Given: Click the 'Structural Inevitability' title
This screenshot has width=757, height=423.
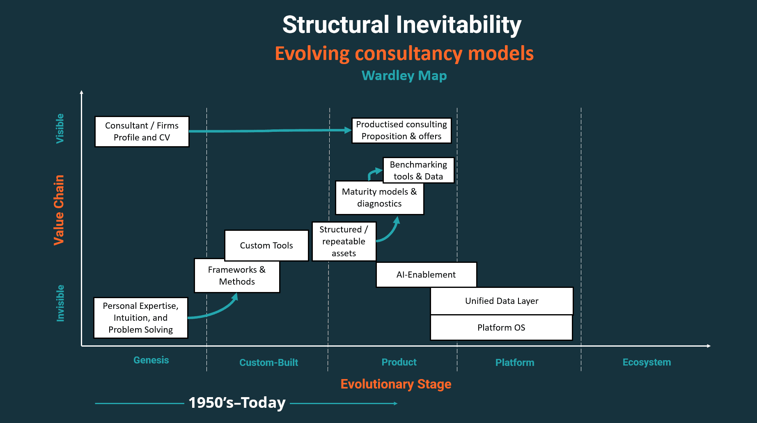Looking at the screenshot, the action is click(x=401, y=25).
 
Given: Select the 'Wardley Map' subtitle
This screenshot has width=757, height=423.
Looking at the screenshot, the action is click(x=404, y=76).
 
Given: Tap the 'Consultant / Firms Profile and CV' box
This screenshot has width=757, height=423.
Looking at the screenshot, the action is click(x=142, y=131).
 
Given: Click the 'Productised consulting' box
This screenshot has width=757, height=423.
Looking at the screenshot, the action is click(x=401, y=130).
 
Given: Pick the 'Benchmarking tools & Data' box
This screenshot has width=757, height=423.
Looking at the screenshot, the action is click(x=418, y=170).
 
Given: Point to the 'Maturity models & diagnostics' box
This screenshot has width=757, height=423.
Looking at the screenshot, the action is click(x=379, y=198).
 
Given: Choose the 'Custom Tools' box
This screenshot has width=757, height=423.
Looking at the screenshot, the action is click(x=266, y=245).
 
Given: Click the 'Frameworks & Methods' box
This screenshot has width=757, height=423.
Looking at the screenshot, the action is click(x=237, y=276).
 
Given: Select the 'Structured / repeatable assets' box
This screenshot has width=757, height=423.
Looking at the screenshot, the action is click(x=344, y=241).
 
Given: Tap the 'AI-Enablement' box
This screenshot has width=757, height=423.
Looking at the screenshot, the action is click(x=426, y=275).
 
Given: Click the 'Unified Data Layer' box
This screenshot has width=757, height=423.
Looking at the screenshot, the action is click(x=501, y=301).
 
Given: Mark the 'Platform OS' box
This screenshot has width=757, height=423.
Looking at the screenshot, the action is click(x=501, y=328).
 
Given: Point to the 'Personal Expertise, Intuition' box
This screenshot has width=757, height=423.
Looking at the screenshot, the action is click(x=140, y=318).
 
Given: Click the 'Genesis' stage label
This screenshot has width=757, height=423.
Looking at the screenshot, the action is click(x=151, y=360).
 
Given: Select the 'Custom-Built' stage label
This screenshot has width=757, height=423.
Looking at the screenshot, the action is click(x=268, y=363).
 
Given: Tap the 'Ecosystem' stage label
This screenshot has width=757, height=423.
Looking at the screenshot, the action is click(x=647, y=362).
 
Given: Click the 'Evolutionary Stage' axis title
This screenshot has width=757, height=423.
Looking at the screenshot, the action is click(x=396, y=384).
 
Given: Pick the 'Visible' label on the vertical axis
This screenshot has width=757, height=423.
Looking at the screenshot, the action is click(x=60, y=129).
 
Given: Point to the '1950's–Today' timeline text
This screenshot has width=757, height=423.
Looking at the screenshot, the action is click(x=237, y=403).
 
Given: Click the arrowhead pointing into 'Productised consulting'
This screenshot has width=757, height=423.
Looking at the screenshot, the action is click(x=348, y=130).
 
